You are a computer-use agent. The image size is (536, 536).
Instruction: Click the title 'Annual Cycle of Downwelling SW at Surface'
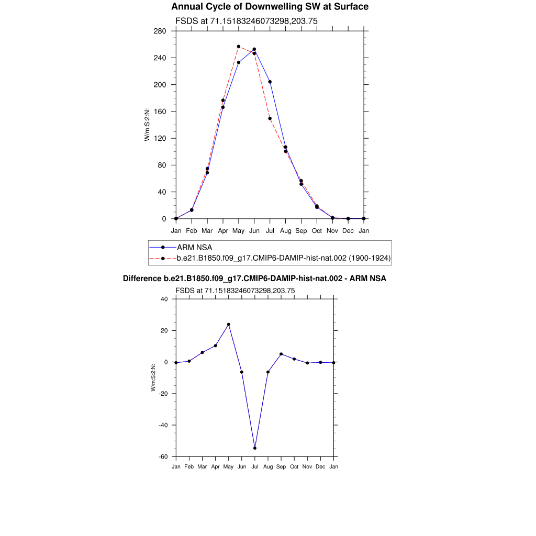point(270,7)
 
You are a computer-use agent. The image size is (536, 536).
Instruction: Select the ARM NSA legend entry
point(194,247)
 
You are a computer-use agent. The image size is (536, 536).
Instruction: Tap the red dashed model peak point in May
point(239,47)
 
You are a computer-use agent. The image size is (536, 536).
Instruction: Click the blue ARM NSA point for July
point(270,82)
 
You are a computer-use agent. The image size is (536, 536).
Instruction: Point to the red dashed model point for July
point(270,118)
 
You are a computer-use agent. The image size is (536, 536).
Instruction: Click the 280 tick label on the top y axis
point(160,31)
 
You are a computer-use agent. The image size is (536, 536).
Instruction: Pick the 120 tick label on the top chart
point(160,138)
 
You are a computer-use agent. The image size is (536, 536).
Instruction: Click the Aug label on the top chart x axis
point(285,230)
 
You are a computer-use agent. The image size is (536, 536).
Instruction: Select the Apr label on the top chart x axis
point(223,230)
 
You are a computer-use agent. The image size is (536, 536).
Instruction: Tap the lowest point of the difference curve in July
point(255,448)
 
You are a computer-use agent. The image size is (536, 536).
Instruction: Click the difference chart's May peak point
point(229,325)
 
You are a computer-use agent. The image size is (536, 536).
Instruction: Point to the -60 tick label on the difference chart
point(163,457)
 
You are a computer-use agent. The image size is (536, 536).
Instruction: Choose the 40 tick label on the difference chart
point(164,299)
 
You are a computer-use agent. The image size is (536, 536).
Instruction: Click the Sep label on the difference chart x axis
point(281,466)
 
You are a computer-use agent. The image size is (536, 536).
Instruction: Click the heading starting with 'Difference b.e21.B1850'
point(254,278)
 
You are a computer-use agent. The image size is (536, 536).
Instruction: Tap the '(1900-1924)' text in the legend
point(370,258)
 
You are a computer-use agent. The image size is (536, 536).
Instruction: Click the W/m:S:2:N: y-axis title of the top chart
point(148,125)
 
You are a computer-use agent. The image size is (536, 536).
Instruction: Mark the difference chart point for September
point(281,354)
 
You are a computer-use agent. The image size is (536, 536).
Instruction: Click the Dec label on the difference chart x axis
point(320,466)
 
